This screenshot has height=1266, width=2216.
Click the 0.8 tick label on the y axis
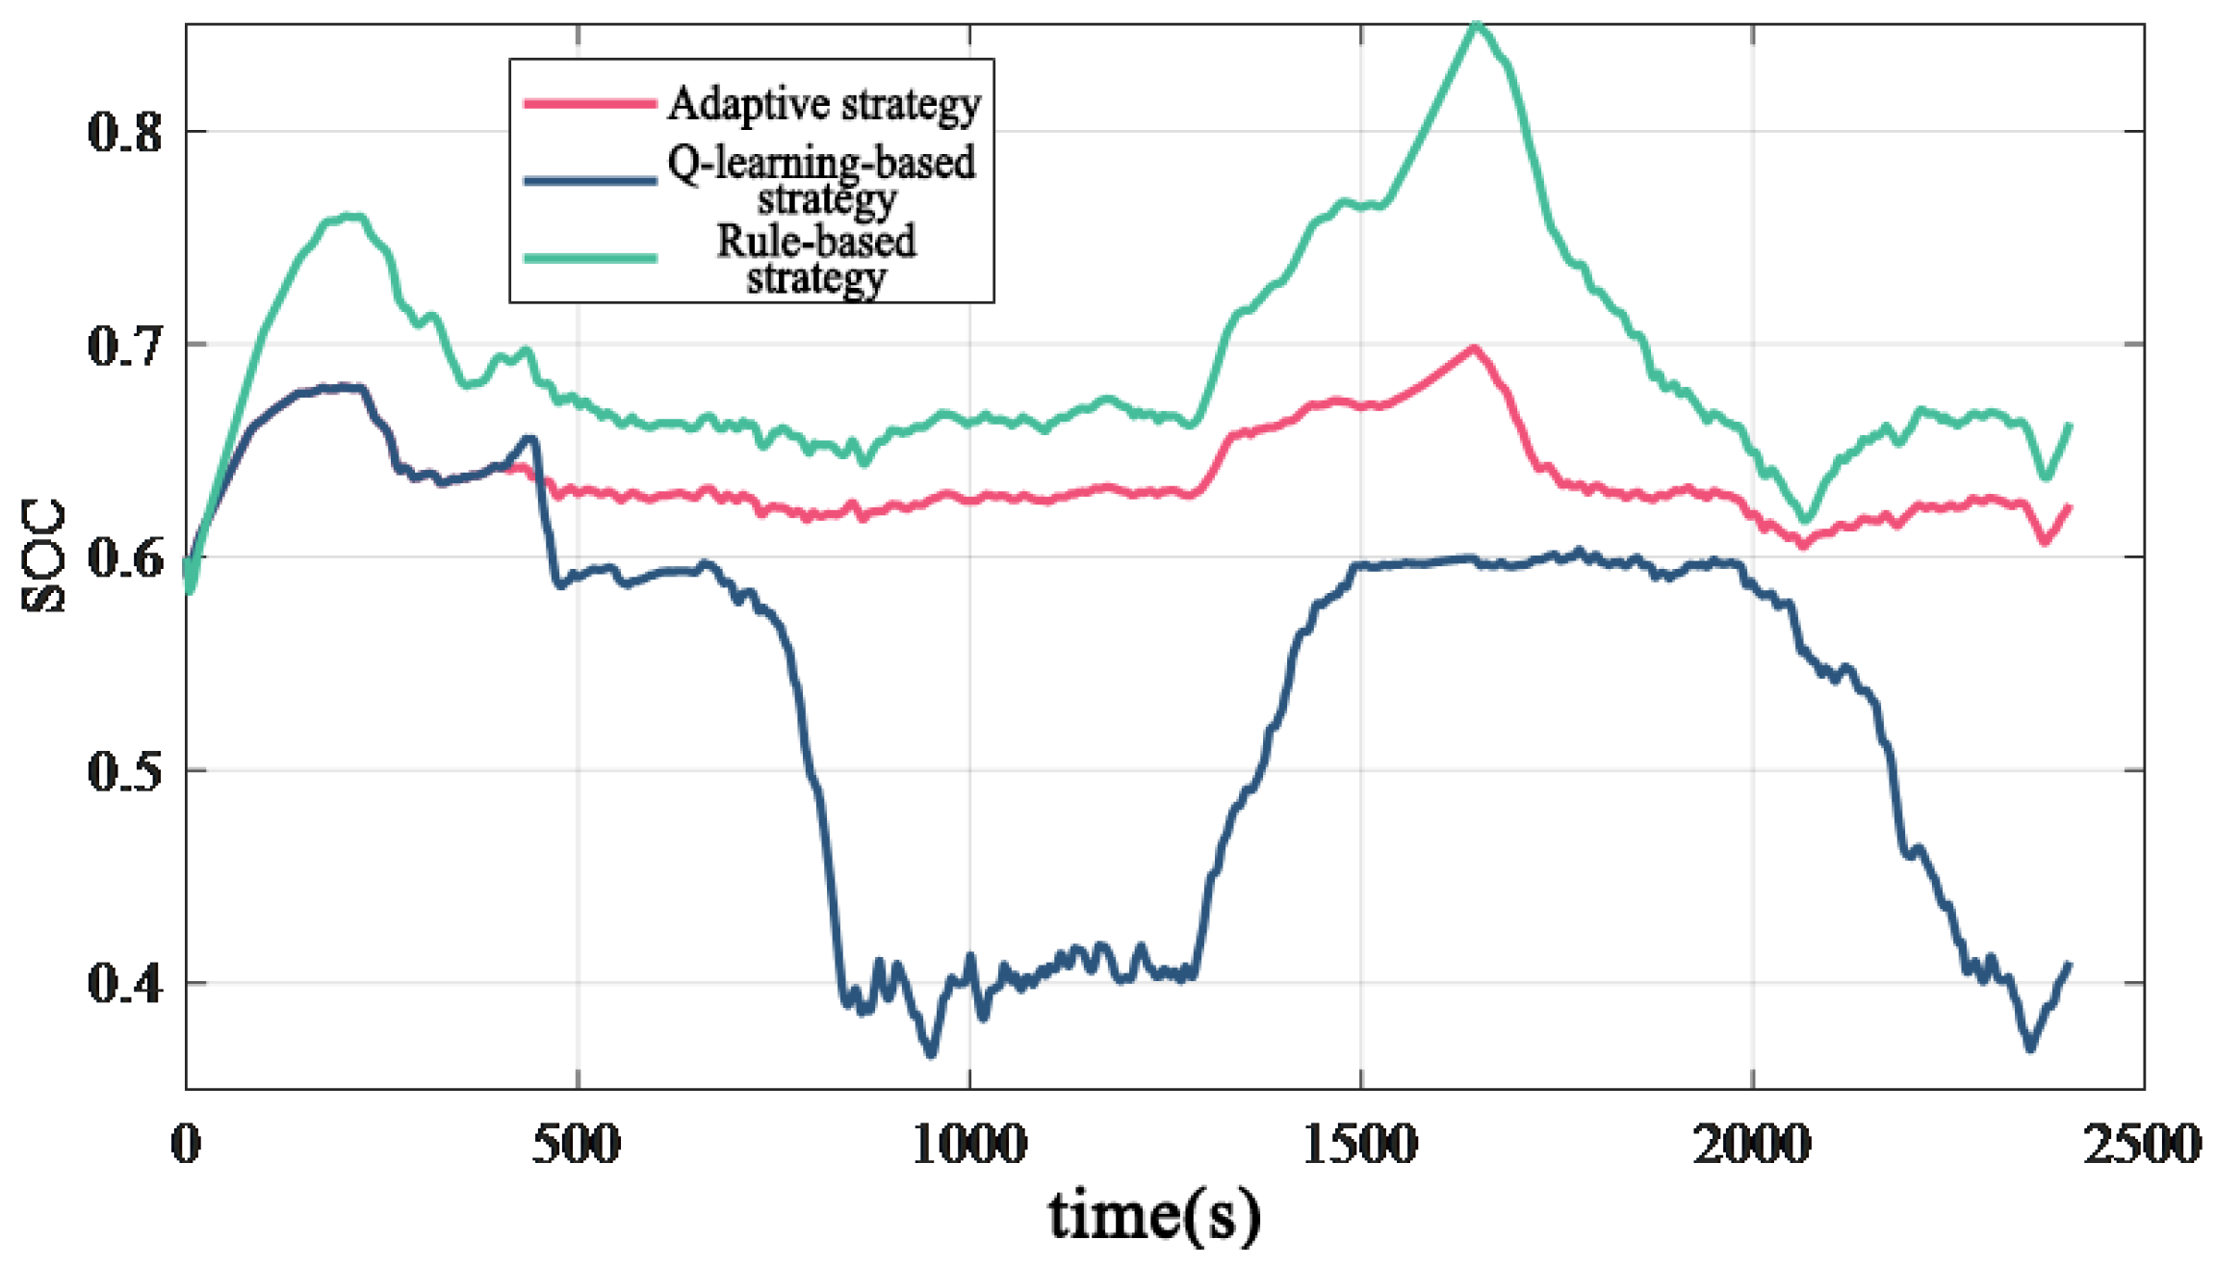pyautogui.click(x=125, y=131)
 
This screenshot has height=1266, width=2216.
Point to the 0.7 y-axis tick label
pyautogui.click(x=125, y=345)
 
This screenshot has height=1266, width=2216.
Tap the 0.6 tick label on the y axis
pyautogui.click(x=125, y=557)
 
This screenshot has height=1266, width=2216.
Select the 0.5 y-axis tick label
pyautogui.click(x=125, y=771)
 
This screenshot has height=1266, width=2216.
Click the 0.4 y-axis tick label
pyautogui.click(x=125, y=984)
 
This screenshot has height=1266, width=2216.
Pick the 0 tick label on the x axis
pyautogui.click(x=186, y=1144)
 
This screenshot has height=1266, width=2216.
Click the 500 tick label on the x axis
pyautogui.click(x=577, y=1144)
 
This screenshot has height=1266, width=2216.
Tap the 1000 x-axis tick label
pyautogui.click(x=968, y=1144)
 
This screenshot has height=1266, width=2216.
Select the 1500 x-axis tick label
pyautogui.click(x=1360, y=1144)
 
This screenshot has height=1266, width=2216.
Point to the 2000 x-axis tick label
pyautogui.click(x=1752, y=1144)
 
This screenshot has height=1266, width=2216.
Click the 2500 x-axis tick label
pyautogui.click(x=2143, y=1144)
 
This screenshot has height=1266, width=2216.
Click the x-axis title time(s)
pyautogui.click(x=1154, y=1215)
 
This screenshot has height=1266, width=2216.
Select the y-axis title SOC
pyautogui.click(x=43, y=555)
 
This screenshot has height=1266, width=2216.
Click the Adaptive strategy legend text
pyautogui.click(x=824, y=104)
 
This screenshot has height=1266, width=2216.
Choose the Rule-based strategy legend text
pyautogui.click(x=816, y=259)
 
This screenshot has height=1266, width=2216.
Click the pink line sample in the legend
pyautogui.click(x=590, y=103)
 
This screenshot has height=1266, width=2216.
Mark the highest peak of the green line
pyautogui.click(x=1478, y=27)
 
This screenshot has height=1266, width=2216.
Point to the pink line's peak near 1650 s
pyautogui.click(x=1473, y=349)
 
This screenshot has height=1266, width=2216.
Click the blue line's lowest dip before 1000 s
pyautogui.click(x=930, y=1053)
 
